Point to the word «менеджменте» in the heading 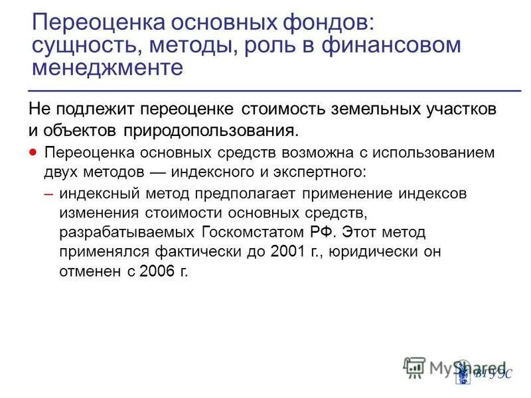[x=107, y=68]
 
